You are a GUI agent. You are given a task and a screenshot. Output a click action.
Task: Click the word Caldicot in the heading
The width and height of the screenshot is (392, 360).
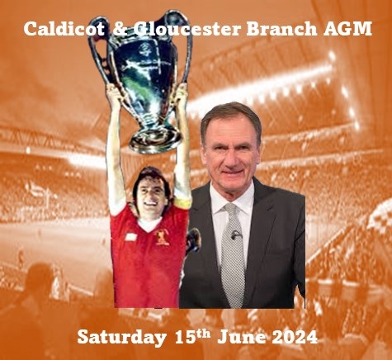pos(64,28)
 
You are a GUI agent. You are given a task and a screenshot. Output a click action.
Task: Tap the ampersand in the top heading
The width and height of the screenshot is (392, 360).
pos(120,29)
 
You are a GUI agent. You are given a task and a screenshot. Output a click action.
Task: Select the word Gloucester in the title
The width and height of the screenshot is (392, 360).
pos(187,29)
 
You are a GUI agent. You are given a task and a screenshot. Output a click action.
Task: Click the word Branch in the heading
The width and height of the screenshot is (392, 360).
pos(281,28)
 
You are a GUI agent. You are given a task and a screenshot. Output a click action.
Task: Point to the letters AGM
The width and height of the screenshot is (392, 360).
pos(347,29)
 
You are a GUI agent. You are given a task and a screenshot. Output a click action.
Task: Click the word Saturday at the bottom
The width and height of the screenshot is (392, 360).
pos(121,337)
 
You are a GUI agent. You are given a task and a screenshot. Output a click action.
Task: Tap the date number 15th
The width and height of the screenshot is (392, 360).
pos(192,336)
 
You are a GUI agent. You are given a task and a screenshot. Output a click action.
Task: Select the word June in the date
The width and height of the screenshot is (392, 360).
pos(242,337)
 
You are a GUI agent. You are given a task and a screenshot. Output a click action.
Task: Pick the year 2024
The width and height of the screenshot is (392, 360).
pos(295,337)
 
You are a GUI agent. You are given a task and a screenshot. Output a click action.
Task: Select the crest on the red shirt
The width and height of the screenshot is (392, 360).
pos(162,237)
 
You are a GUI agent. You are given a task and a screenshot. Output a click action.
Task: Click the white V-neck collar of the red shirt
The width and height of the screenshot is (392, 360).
pos(149,224)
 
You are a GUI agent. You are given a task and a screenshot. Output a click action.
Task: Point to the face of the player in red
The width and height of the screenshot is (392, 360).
pos(151,195)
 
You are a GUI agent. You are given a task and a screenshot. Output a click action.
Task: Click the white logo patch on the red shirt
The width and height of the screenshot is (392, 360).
pos(130,237)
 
